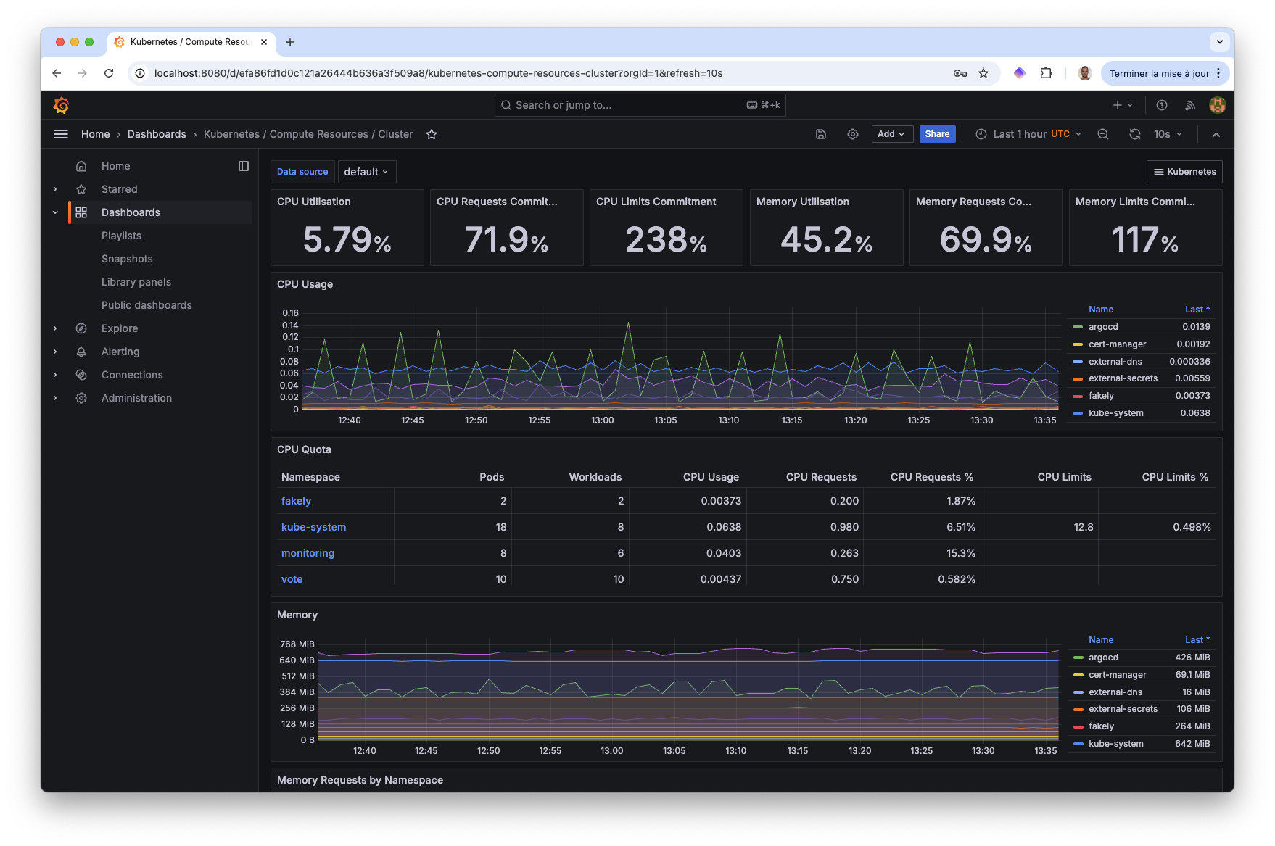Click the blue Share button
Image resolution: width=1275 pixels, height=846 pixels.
click(937, 134)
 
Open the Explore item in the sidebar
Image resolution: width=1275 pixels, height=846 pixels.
click(120, 328)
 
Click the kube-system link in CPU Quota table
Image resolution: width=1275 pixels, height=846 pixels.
click(313, 527)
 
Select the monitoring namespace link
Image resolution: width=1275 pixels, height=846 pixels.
click(308, 553)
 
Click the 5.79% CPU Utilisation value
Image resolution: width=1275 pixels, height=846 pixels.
click(347, 240)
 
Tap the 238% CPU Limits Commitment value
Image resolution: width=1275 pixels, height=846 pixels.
click(666, 240)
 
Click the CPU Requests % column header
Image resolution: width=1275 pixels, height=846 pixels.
click(931, 477)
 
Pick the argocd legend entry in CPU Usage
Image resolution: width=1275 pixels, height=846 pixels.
click(1102, 327)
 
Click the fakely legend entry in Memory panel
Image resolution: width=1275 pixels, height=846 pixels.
click(1100, 726)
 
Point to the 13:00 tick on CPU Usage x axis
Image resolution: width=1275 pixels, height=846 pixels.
click(602, 420)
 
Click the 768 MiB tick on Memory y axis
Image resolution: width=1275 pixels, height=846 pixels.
click(297, 644)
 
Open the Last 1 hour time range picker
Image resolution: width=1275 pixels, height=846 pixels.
click(1029, 134)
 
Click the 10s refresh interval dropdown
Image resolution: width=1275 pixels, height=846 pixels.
click(1168, 134)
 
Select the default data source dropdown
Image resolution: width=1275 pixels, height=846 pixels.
click(366, 172)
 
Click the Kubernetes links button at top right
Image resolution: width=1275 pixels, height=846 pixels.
click(1184, 172)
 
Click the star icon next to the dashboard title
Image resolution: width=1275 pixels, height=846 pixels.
click(432, 134)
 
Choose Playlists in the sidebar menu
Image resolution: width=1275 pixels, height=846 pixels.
click(121, 236)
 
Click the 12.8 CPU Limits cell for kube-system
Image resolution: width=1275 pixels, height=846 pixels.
click(1083, 527)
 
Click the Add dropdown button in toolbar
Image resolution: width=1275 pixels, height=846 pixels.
click(891, 134)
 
